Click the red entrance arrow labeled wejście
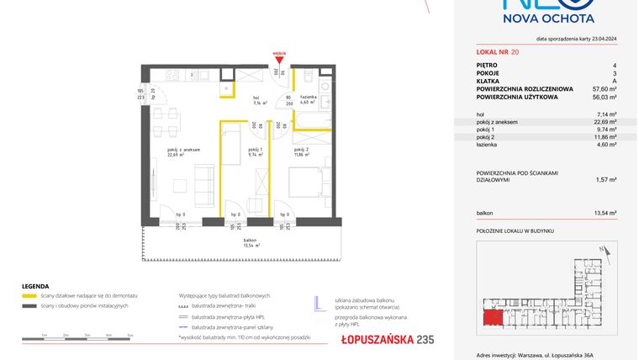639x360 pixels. click(281, 57)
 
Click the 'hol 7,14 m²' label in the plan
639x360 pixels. click(260, 101)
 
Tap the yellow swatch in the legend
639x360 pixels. click(29, 296)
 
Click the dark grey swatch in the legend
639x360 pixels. click(29, 305)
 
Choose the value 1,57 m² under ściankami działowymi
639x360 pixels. click(607, 179)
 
